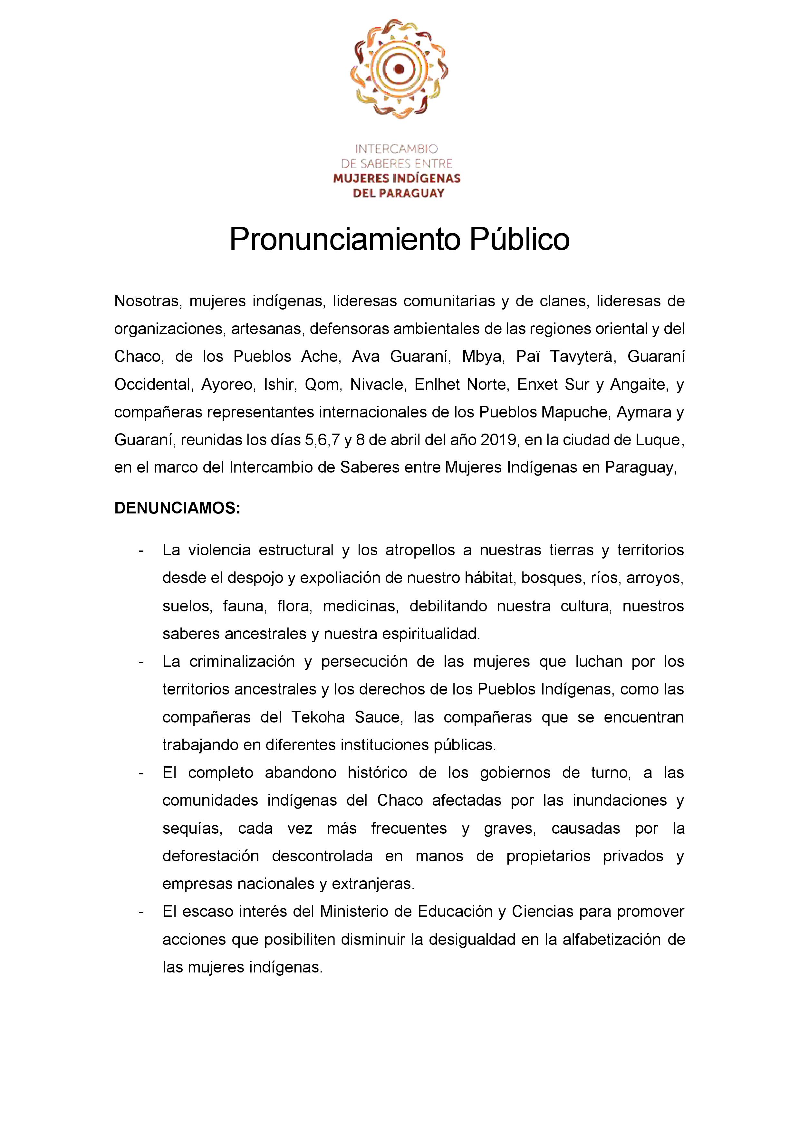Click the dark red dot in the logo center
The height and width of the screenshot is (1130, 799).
(x=399, y=69)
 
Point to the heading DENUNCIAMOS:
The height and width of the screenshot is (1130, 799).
(x=177, y=508)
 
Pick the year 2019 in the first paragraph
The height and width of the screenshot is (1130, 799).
(x=499, y=439)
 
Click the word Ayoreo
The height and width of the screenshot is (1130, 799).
(x=227, y=384)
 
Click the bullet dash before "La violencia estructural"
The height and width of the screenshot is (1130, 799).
(x=141, y=550)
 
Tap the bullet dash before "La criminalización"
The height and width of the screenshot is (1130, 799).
(x=141, y=661)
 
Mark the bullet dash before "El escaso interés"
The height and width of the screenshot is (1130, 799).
(x=141, y=912)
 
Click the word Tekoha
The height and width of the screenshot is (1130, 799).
(x=318, y=717)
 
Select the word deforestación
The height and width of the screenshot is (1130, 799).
(x=211, y=856)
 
